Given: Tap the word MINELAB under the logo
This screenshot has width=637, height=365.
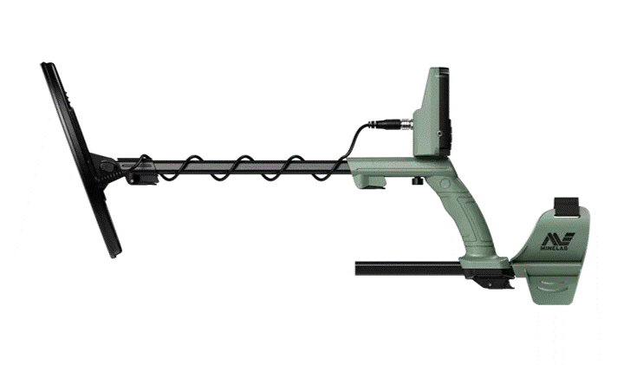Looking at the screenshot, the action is tap(554, 248).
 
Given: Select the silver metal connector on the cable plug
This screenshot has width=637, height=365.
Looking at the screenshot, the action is tap(406, 123).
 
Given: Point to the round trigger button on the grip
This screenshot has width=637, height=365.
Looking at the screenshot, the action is tap(445, 183).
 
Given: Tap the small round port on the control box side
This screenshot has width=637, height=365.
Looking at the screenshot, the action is tap(439, 133).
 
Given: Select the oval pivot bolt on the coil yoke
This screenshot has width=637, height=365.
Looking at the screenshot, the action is tap(107, 166).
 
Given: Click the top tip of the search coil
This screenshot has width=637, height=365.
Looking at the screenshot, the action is tap(42, 64).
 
